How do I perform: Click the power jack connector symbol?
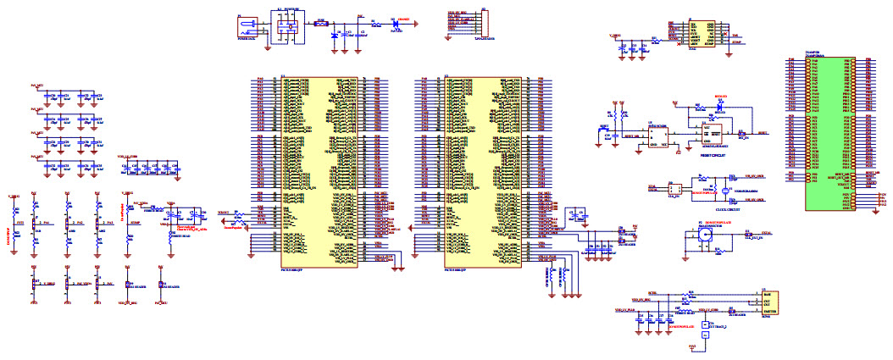coord(247,27)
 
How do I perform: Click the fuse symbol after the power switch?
coord(321,25)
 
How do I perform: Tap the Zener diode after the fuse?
coord(336,36)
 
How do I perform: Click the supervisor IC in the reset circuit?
coord(657,136)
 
